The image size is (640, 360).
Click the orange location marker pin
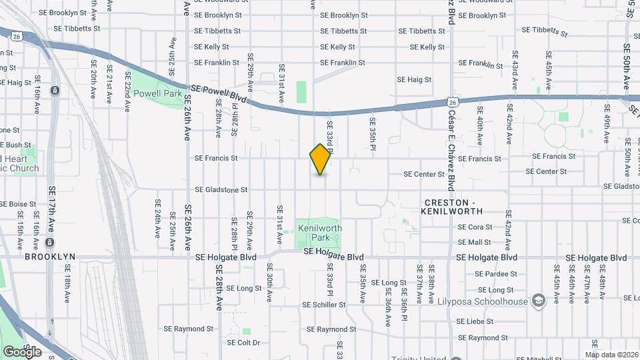click(321, 159)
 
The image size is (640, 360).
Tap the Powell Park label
click(158, 94)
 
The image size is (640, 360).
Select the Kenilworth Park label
click(320, 233)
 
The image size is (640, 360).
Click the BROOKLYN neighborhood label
click(50, 256)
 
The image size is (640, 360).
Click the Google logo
click(22, 351)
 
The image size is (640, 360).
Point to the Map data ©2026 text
click(611, 355)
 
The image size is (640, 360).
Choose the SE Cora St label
click(475, 227)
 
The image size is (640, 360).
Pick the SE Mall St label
click(475, 243)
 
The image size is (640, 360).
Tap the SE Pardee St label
click(495, 274)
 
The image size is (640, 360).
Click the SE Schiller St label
click(324, 305)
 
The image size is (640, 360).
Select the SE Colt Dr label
click(243, 343)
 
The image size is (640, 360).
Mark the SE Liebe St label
click(475, 321)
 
